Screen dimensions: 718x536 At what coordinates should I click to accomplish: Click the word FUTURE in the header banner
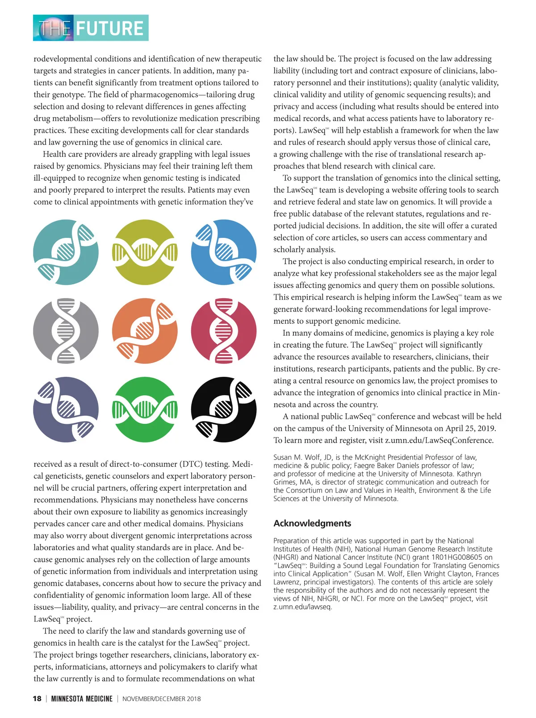point(109,28)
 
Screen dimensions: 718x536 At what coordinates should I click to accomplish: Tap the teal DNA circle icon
point(66,252)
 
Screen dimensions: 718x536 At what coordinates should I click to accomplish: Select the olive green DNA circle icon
point(145,252)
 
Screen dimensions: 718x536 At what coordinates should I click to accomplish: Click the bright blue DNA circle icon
point(224,252)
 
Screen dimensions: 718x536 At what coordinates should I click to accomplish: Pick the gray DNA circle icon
point(66,331)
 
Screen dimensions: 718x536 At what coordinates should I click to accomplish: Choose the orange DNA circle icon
point(145,331)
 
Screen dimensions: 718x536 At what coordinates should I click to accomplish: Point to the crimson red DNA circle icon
point(224,331)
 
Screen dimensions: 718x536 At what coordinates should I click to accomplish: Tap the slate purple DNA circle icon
point(66,410)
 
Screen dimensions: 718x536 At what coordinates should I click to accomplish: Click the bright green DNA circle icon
point(145,410)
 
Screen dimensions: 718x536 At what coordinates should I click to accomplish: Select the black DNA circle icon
point(224,410)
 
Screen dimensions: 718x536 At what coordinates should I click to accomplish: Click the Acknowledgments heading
point(312,523)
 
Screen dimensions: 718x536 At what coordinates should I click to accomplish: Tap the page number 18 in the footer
point(37,699)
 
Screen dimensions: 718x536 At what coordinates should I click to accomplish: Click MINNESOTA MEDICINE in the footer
point(82,699)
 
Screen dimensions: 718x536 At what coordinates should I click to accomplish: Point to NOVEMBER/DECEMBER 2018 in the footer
point(161,699)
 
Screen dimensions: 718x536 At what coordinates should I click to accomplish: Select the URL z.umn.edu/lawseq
point(302,607)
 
